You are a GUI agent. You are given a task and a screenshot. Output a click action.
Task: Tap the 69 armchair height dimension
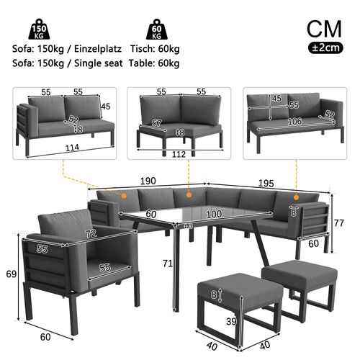point(10,275)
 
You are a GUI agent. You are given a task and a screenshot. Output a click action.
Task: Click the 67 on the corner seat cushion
point(156,123)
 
